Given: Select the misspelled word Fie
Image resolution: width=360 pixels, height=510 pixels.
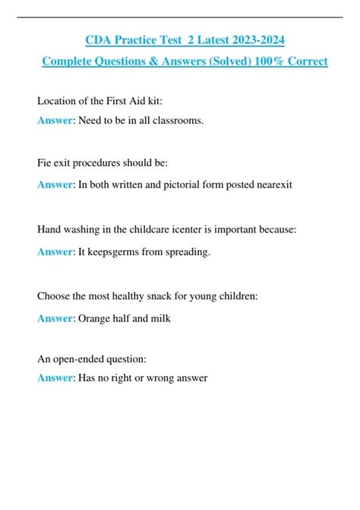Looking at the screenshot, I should pos(45,163).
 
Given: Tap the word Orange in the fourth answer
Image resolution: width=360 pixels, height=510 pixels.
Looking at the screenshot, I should pos(96,318).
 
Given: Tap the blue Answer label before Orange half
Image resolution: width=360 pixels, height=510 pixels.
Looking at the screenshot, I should pos(55,318).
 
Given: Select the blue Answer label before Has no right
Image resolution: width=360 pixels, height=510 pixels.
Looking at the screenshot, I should pos(55,378).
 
